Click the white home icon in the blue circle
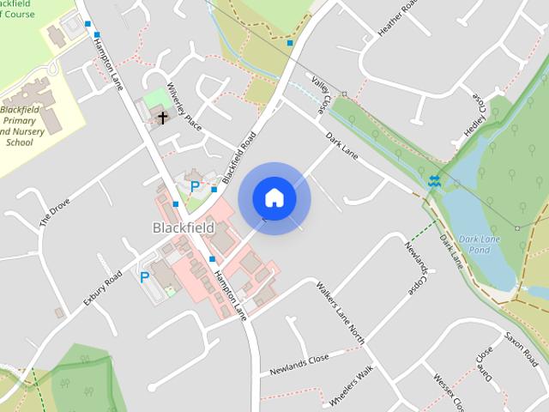tap(274, 198)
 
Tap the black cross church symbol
tap(162, 117)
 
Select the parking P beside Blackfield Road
tap(195, 185)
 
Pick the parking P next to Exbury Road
tap(144, 277)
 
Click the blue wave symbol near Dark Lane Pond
tap(434, 180)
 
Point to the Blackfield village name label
tap(182, 227)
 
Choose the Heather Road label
tap(400, 18)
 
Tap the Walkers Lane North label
tap(340, 312)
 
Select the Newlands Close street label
tap(299, 365)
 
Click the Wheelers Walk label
tap(352, 386)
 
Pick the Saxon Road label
tap(519, 347)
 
